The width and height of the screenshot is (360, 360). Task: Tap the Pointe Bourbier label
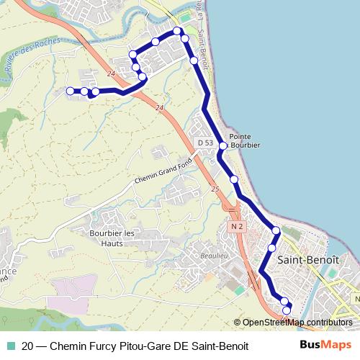click(x=243, y=140)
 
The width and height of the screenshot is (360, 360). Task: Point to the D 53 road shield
click(x=205, y=143)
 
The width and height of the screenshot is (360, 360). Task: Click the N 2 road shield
click(x=238, y=226)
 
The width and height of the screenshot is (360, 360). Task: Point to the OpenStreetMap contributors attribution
click(x=296, y=323)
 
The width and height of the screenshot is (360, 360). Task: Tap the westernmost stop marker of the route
click(x=71, y=91)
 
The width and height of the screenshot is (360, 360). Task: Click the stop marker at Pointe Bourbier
click(x=223, y=146)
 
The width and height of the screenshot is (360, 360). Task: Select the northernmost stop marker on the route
click(x=178, y=30)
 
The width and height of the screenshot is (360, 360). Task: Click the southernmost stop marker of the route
click(x=287, y=310)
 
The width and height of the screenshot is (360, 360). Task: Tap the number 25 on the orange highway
click(x=215, y=189)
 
